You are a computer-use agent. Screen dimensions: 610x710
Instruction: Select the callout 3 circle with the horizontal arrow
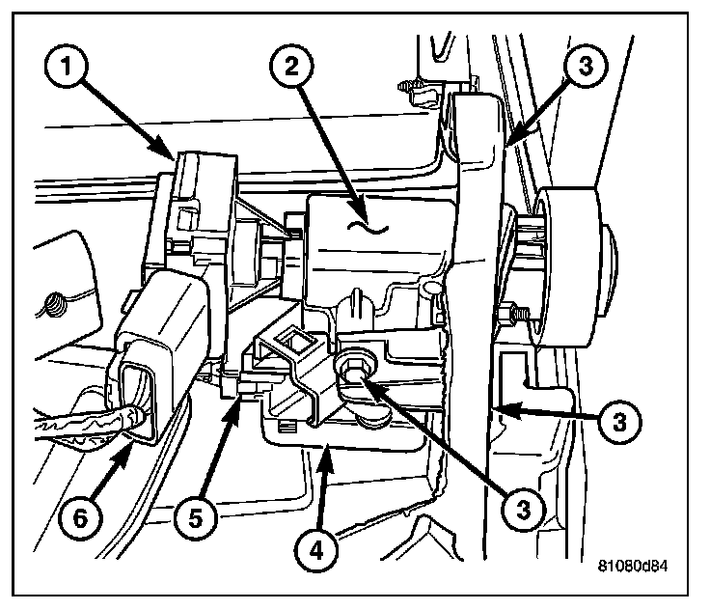[x=622, y=422]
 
